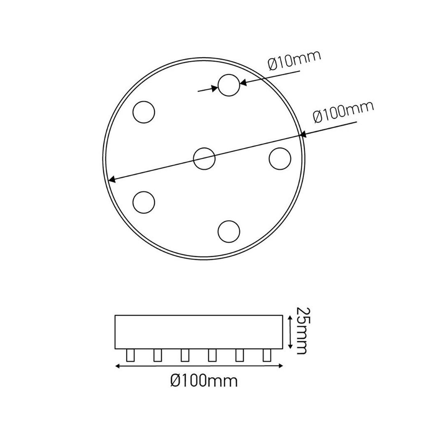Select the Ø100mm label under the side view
(204, 381)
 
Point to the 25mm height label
(301, 330)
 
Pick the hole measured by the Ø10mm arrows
(229, 85)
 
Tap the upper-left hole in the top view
(144, 112)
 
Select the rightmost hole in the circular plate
(280, 158)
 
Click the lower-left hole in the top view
(144, 202)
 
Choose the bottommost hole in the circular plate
(229, 231)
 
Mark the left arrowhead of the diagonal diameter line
(111, 179)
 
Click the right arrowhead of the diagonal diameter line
(303, 134)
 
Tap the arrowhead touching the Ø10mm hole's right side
(243, 83)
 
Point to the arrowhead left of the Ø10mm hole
(215, 88)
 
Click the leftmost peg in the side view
(131, 355)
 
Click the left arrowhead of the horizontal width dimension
(118, 366)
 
